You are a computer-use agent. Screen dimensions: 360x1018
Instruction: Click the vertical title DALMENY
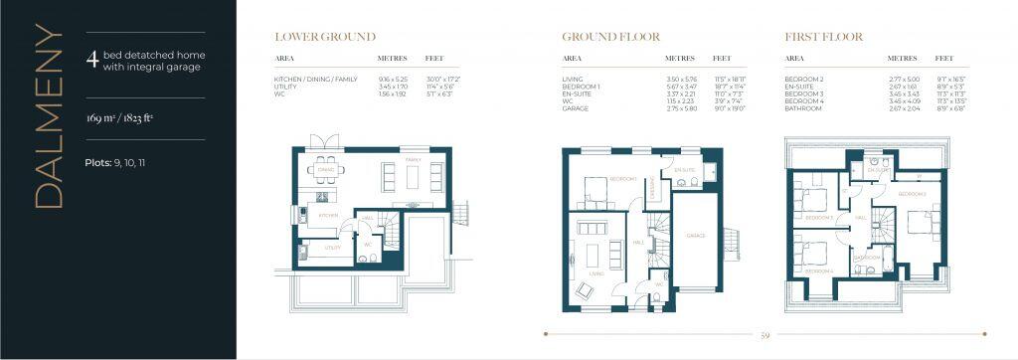click(49, 116)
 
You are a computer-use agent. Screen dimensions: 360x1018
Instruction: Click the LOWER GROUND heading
click(325, 38)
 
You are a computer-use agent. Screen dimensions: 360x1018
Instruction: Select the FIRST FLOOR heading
click(823, 38)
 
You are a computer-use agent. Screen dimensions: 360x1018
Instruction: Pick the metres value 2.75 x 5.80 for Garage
click(682, 107)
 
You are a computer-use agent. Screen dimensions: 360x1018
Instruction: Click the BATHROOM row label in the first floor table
click(804, 107)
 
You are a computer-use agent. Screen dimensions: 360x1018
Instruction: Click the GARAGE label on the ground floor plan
click(695, 236)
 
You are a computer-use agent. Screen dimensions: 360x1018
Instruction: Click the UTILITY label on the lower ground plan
click(334, 247)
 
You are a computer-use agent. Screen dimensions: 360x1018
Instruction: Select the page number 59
click(763, 335)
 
